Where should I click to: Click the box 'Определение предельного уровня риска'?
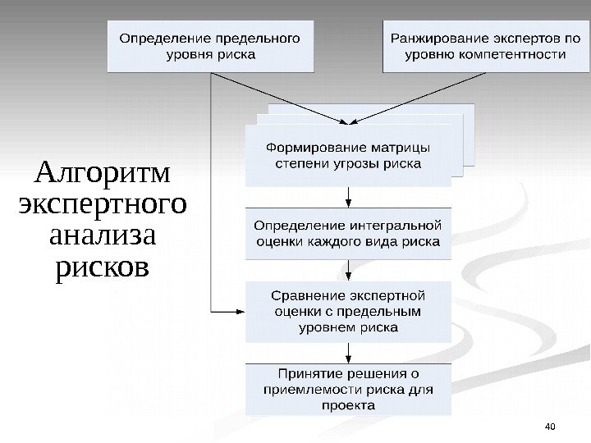[211, 46]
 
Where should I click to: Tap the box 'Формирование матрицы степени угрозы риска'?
[348, 155]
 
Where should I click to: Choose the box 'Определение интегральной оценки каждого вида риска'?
[348, 233]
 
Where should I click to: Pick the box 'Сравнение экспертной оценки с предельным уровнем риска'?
[348, 312]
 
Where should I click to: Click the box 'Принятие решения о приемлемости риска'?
[348, 389]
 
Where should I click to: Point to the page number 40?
[550, 425]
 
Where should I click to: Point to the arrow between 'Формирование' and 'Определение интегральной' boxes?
[349, 196]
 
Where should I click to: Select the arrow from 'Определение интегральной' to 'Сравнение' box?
[349, 270]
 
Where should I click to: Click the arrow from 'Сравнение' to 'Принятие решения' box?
[349, 352]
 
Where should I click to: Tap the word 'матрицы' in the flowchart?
[400, 148]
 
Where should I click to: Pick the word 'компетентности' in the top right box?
[515, 55]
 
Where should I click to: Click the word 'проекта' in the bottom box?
[348, 405]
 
